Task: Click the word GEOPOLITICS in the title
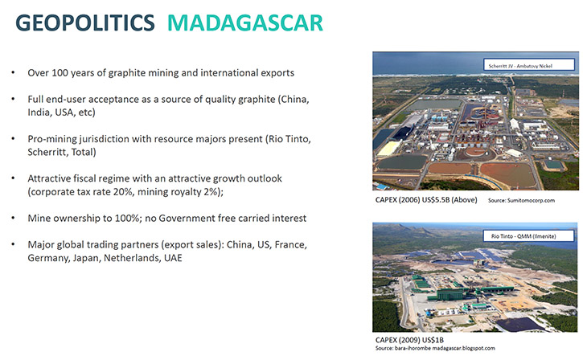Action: pos(85,22)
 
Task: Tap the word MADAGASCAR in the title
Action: pos(245,22)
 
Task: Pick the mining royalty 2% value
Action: pos(211,192)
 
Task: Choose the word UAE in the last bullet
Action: pos(173,258)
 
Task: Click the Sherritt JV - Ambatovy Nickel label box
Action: pos(528,64)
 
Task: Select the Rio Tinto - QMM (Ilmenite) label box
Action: pos(528,235)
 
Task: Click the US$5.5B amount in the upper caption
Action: pos(435,200)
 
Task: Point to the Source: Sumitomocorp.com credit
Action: pos(521,200)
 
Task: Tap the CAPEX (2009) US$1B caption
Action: pos(409,340)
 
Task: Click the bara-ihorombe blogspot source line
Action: pos(435,348)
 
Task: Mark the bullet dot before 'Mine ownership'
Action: pos(14,218)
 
